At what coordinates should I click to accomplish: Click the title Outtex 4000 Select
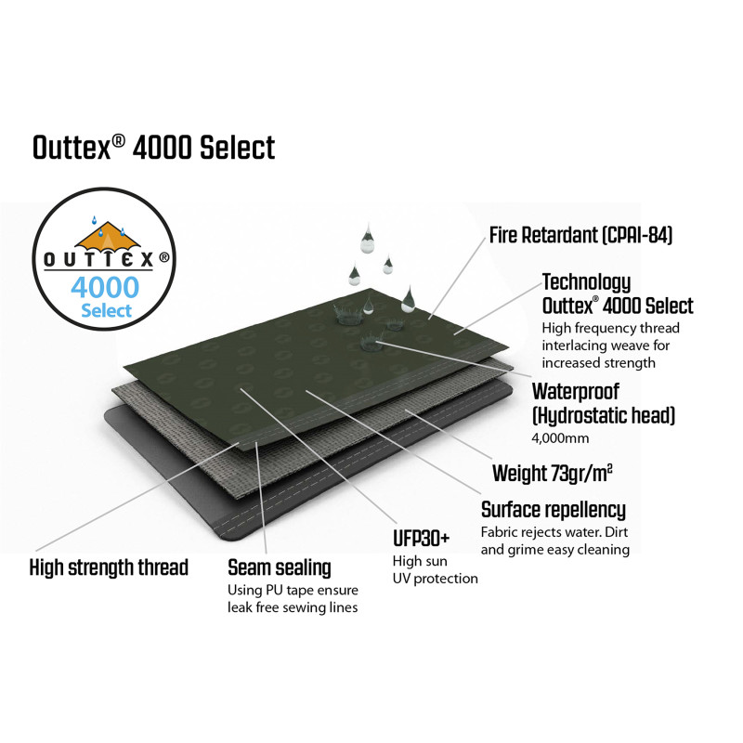pos(153,147)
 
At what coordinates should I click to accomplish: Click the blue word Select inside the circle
pos(106,310)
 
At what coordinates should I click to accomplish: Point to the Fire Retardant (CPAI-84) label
pos(580,235)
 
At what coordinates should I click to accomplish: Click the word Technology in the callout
pos(586,282)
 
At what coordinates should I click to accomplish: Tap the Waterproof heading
pos(576,391)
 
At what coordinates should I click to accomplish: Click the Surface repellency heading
pos(554,510)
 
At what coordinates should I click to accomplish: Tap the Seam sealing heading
pos(280,567)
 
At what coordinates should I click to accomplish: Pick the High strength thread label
pos(109,567)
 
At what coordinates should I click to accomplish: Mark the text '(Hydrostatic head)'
pos(604,414)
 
